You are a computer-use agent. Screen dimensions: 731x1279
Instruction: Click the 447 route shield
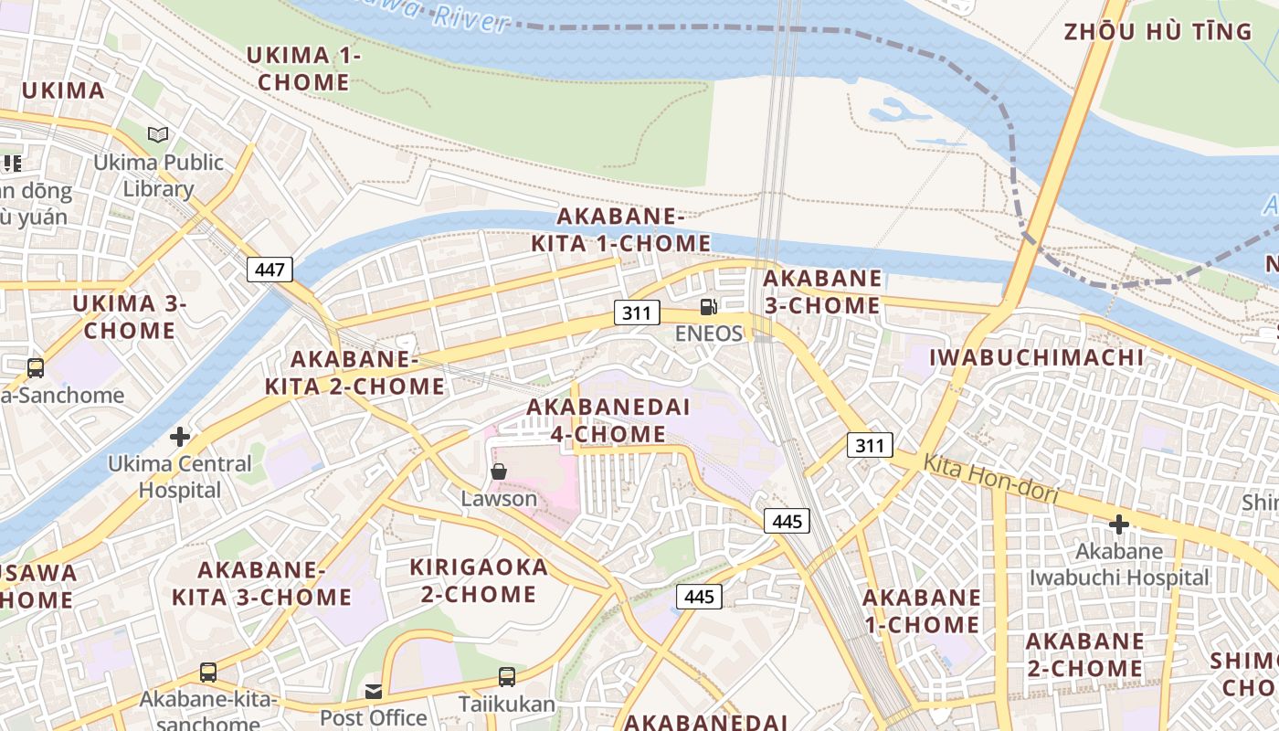(x=270, y=270)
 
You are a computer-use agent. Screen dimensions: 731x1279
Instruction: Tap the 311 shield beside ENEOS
(x=636, y=313)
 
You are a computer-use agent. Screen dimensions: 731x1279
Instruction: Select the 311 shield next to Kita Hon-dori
(x=870, y=445)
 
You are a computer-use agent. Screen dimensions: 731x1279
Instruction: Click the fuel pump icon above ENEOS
(x=708, y=307)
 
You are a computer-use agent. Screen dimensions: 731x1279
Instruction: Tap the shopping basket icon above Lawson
(x=499, y=471)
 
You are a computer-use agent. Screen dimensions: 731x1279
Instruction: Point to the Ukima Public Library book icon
(x=158, y=135)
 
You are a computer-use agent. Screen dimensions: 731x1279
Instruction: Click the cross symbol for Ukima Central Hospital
(x=180, y=436)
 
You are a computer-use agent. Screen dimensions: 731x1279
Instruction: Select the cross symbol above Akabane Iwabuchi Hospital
(x=1118, y=524)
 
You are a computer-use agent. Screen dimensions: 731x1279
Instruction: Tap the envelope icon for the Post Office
(x=374, y=691)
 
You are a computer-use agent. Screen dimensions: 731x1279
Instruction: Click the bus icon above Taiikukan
(x=507, y=677)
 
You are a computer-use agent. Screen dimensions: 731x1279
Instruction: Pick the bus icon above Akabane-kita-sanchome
(x=208, y=673)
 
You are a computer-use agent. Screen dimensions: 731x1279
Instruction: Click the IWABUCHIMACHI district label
(x=1036, y=357)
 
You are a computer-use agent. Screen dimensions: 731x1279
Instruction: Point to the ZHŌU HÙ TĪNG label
(x=1157, y=32)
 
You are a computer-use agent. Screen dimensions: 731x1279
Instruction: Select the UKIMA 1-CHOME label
(x=303, y=69)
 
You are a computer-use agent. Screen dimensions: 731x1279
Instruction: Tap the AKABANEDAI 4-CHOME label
(x=608, y=420)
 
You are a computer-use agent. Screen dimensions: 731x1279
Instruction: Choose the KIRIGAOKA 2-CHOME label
(x=479, y=580)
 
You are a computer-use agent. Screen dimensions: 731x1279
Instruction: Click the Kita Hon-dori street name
(x=990, y=479)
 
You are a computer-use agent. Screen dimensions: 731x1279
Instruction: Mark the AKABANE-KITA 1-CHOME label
(x=620, y=229)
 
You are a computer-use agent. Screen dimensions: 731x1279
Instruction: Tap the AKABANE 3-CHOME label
(x=822, y=291)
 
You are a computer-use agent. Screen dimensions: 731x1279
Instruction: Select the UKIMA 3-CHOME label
(x=129, y=316)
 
